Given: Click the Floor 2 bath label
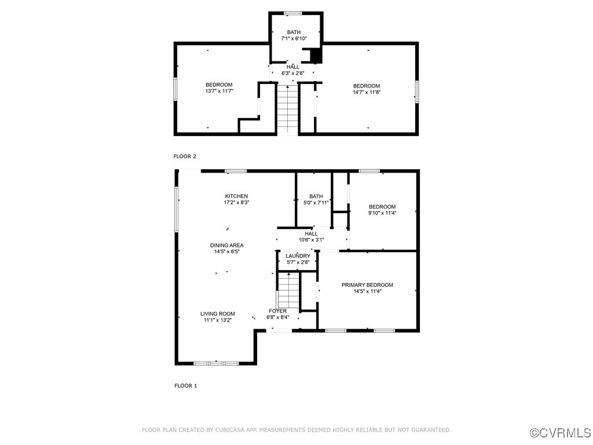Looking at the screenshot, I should click(x=294, y=32).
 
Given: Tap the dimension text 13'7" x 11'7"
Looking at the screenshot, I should click(x=219, y=92).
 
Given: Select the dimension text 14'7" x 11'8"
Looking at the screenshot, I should click(x=367, y=92).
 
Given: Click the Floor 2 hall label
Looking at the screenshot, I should click(x=293, y=67).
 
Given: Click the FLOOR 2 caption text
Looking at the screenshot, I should click(x=185, y=156).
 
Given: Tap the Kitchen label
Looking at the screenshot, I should click(x=236, y=196).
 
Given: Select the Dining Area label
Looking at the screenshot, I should click(x=226, y=245).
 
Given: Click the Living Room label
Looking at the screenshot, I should click(x=218, y=313).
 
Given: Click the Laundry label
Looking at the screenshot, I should click(x=298, y=256).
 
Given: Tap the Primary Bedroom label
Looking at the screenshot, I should click(x=367, y=284).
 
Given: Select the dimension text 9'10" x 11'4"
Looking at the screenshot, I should click(x=382, y=213).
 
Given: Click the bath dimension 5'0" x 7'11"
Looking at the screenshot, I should click(x=316, y=203).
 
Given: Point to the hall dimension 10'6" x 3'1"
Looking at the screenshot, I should click(x=311, y=240).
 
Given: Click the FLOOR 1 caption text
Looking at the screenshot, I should click(x=186, y=385).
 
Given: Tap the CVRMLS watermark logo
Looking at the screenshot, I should click(x=561, y=433).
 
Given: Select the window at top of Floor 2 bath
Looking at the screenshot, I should click(x=293, y=13).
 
